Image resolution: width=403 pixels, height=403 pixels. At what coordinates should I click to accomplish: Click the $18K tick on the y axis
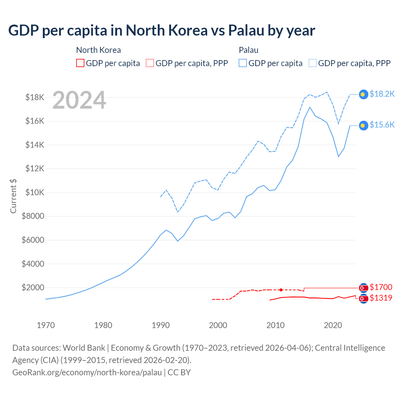click(x=35, y=97)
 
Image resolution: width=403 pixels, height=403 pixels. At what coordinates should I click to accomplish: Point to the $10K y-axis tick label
click(x=35, y=192)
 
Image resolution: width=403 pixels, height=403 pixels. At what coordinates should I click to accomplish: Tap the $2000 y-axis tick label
click(x=33, y=287)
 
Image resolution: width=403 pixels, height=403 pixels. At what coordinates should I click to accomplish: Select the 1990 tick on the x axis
click(x=161, y=325)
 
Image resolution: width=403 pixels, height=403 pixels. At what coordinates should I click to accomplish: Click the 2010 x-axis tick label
click(x=275, y=325)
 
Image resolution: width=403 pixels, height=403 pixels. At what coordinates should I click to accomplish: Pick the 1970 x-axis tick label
click(x=46, y=325)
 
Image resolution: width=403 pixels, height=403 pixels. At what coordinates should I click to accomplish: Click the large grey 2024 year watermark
click(x=79, y=100)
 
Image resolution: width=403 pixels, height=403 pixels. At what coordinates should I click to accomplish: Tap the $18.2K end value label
click(x=382, y=94)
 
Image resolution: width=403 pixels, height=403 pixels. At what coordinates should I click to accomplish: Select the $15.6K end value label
click(x=382, y=125)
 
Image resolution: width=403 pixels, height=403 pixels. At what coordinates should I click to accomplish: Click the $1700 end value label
click(x=381, y=287)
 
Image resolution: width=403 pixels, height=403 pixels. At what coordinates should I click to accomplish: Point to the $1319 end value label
click(x=381, y=298)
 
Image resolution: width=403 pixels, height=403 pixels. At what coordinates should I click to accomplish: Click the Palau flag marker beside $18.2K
click(x=363, y=94)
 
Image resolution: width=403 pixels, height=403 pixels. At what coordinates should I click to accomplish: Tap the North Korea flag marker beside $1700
click(x=363, y=288)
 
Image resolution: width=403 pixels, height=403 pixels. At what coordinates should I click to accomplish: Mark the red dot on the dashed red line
click(x=281, y=290)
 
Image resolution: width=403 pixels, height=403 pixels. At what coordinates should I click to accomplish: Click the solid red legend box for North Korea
click(x=80, y=63)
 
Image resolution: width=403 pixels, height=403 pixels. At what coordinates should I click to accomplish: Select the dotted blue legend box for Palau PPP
click(x=313, y=63)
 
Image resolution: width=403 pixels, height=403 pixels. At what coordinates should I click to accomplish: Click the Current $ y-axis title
click(x=13, y=196)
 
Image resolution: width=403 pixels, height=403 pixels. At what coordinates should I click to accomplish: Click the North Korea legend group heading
click(x=99, y=50)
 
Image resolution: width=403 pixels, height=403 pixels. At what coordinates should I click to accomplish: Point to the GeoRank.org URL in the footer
click(x=87, y=372)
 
